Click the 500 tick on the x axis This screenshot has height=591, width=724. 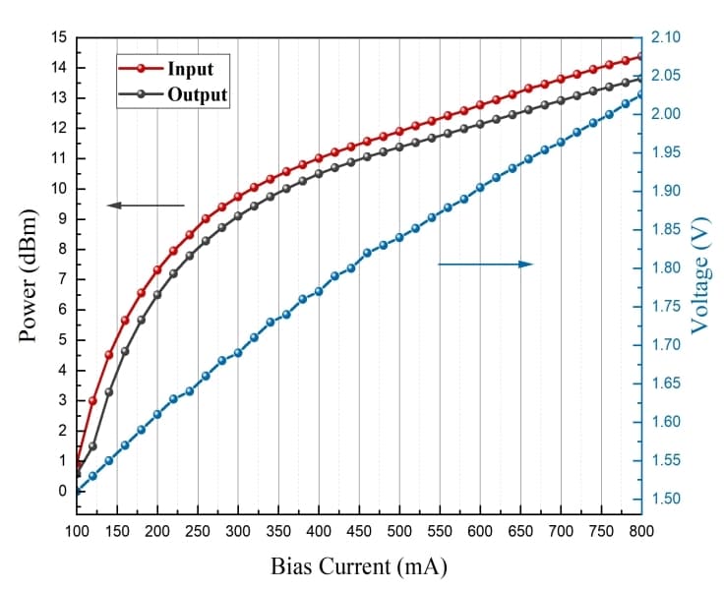(399, 531)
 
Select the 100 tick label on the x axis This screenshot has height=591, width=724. (77, 531)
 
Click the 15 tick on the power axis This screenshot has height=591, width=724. (60, 37)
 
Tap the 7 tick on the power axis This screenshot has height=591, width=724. (63, 279)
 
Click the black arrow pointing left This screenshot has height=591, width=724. (146, 205)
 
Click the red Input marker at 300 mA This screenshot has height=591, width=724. (238, 197)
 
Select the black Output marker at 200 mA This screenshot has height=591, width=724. (157, 295)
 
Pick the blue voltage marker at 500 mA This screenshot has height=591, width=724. (399, 237)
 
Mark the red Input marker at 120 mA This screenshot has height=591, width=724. (92, 401)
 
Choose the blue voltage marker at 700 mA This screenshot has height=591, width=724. (561, 142)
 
